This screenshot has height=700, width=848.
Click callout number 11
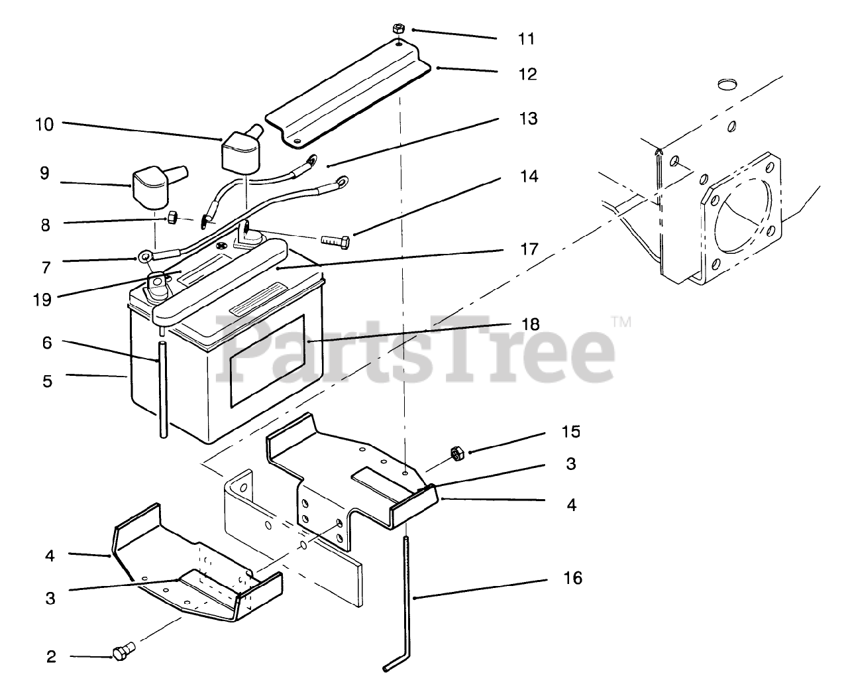526,39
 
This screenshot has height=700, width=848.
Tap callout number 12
527,74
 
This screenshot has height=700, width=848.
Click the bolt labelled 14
334,239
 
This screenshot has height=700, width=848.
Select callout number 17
527,250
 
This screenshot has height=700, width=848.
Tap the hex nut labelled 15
456,453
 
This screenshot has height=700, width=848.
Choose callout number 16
572,578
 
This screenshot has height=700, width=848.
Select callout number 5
47,381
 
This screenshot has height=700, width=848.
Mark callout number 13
529,119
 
